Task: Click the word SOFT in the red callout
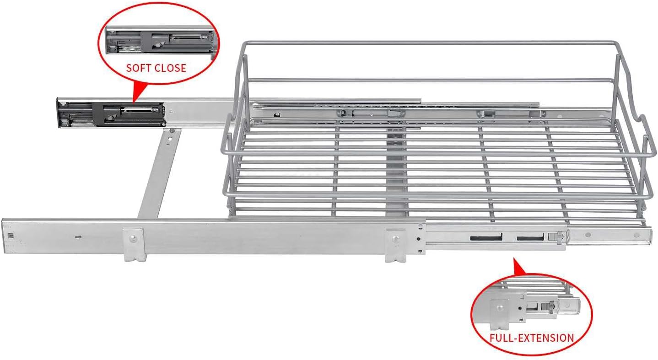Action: (139, 68)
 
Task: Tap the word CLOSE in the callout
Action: (170, 68)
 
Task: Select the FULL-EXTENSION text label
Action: (532, 338)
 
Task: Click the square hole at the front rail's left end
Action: (10, 236)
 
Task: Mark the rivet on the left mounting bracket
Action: (133, 237)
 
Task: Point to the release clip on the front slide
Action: (554, 236)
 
